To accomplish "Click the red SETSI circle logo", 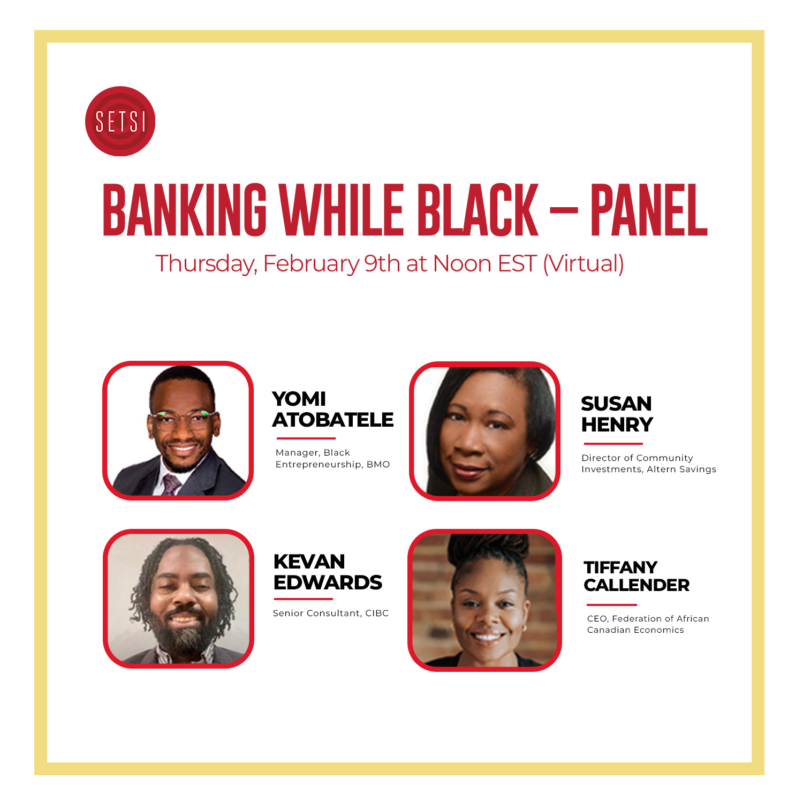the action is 120,122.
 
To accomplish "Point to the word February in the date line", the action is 311,264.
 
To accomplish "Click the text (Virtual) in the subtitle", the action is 584,263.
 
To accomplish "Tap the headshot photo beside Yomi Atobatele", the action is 178,430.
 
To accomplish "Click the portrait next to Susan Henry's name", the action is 485,431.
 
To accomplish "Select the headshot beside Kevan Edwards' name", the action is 178,599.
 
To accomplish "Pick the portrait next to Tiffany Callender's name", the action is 484,600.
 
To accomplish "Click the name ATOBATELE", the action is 333,420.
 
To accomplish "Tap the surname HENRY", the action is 617,425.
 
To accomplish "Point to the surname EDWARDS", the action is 328,582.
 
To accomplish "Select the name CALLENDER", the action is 637,585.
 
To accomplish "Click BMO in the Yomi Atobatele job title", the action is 378,464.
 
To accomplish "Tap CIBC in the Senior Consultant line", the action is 377,613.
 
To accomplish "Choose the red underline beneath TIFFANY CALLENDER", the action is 612,605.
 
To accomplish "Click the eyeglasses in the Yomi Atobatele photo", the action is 183,419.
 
